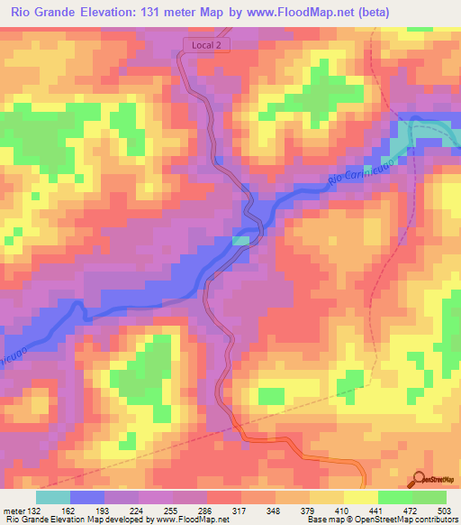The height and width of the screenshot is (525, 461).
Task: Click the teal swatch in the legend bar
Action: pyautogui.click(x=53, y=497)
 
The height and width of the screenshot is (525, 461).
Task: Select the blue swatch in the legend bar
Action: pyautogui.click(x=87, y=497)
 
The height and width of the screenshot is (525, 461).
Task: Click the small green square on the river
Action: pyautogui.click(x=240, y=240)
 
